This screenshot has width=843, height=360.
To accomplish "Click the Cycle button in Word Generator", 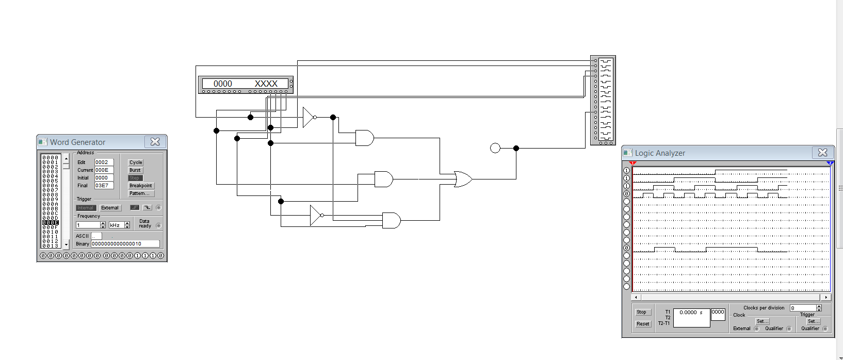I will coord(136,162).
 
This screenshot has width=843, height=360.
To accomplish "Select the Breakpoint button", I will coord(140,186).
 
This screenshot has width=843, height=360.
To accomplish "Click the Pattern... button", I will coord(139,193).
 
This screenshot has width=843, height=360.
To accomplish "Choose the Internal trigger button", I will coord(86,208).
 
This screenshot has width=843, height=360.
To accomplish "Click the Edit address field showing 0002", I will coord(103,162).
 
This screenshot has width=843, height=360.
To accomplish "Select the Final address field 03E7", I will coord(103,186).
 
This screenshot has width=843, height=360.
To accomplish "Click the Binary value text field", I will coord(125,244).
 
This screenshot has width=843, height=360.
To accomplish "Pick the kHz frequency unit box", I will coord(116,225).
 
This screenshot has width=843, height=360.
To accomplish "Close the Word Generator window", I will coord(155,142).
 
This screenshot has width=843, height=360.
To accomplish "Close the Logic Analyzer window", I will coord(822,153).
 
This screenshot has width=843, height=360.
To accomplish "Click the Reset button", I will coord(642,324).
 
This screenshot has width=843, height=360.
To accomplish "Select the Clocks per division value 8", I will coord(802,308).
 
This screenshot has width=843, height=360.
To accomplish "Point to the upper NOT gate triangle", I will coord(308,117).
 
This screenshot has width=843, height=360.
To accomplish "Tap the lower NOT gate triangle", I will coord(315,215).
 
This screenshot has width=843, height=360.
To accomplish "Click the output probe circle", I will coord(495,148).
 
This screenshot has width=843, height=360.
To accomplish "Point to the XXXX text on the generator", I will coord(266,84).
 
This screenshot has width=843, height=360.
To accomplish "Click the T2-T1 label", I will coord(663,323).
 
